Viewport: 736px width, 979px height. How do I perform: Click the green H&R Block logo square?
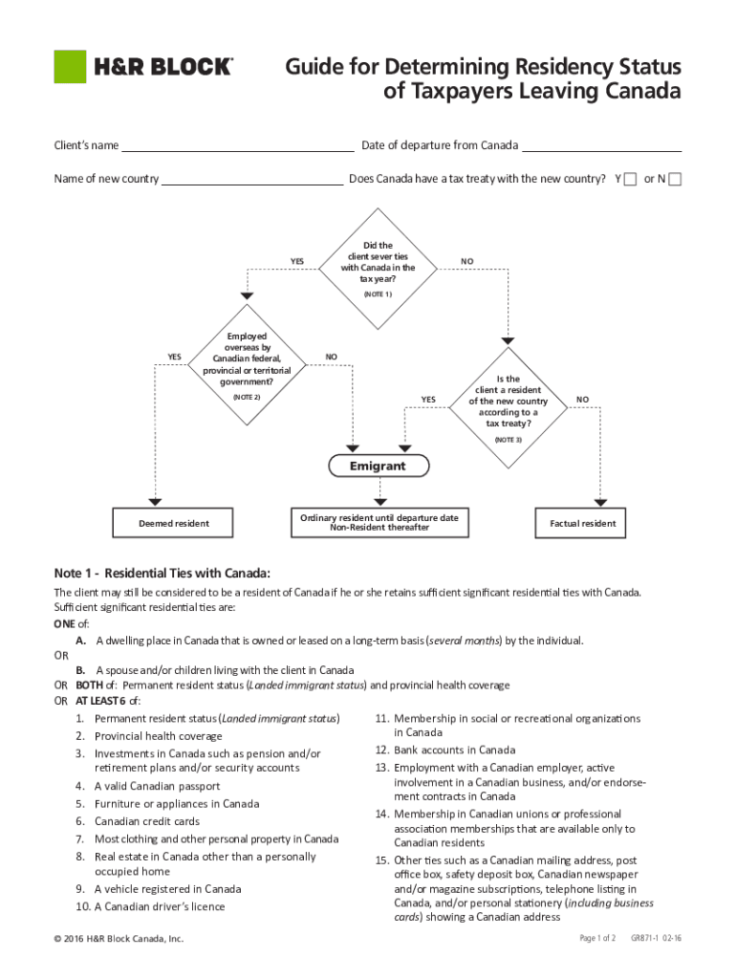point(68,66)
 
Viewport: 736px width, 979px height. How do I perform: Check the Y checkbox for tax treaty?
point(630,180)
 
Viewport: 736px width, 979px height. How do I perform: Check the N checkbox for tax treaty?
point(675,180)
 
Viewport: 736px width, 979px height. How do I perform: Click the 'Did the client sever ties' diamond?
point(378,262)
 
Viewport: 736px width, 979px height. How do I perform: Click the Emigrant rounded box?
point(378,467)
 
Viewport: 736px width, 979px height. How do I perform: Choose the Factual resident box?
point(582,523)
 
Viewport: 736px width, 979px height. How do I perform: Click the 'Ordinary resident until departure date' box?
point(379,522)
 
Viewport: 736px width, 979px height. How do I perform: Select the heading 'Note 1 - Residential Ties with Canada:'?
point(162,574)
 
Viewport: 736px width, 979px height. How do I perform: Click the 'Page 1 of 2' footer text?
point(597,938)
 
